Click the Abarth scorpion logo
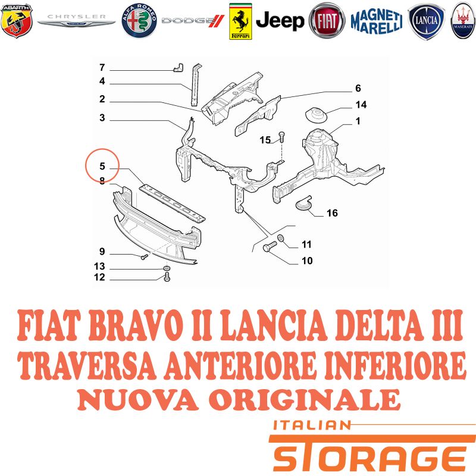coord(17,21)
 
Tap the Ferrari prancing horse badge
coord(240,21)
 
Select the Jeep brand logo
coord(280,21)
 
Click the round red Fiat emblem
coord(327,21)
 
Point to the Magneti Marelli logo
coord(377,21)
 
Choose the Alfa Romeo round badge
coord(139,21)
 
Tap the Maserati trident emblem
coord(464,21)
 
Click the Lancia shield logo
coord(426,21)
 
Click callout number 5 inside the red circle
coord(102,166)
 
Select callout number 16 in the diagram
coord(332,213)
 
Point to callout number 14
coord(361,105)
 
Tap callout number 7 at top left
coord(102,67)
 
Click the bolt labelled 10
coord(270,246)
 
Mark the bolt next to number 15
coord(281,137)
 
